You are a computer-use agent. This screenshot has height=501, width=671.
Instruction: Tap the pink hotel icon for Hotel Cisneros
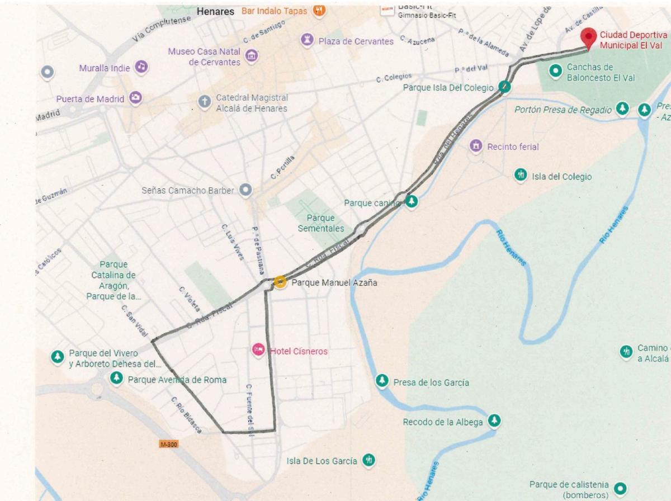(258, 350)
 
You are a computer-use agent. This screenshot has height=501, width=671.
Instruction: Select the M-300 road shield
(168, 444)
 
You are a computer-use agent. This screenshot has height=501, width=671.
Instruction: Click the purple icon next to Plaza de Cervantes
(306, 39)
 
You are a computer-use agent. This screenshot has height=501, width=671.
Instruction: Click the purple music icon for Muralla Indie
(142, 67)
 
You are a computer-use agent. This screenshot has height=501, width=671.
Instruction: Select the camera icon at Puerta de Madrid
(135, 98)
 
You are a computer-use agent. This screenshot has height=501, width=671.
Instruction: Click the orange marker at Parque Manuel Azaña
(280, 282)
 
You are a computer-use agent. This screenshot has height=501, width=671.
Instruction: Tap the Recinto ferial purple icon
(476, 146)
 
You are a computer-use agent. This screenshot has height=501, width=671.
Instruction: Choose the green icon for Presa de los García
(382, 381)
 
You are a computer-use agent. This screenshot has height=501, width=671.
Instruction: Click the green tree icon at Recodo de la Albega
(494, 420)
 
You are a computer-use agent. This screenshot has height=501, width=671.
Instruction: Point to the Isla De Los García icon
(368, 460)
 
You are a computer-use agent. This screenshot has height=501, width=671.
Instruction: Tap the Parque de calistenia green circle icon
(619, 487)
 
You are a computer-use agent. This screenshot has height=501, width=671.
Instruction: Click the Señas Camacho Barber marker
(245, 190)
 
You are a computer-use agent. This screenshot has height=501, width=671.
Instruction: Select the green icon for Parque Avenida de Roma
(116, 379)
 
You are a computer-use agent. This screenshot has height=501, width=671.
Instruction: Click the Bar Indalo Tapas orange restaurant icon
(319, 10)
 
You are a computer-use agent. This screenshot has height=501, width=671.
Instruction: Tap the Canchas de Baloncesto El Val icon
(555, 70)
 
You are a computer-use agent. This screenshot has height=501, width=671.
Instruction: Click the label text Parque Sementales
(320, 223)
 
